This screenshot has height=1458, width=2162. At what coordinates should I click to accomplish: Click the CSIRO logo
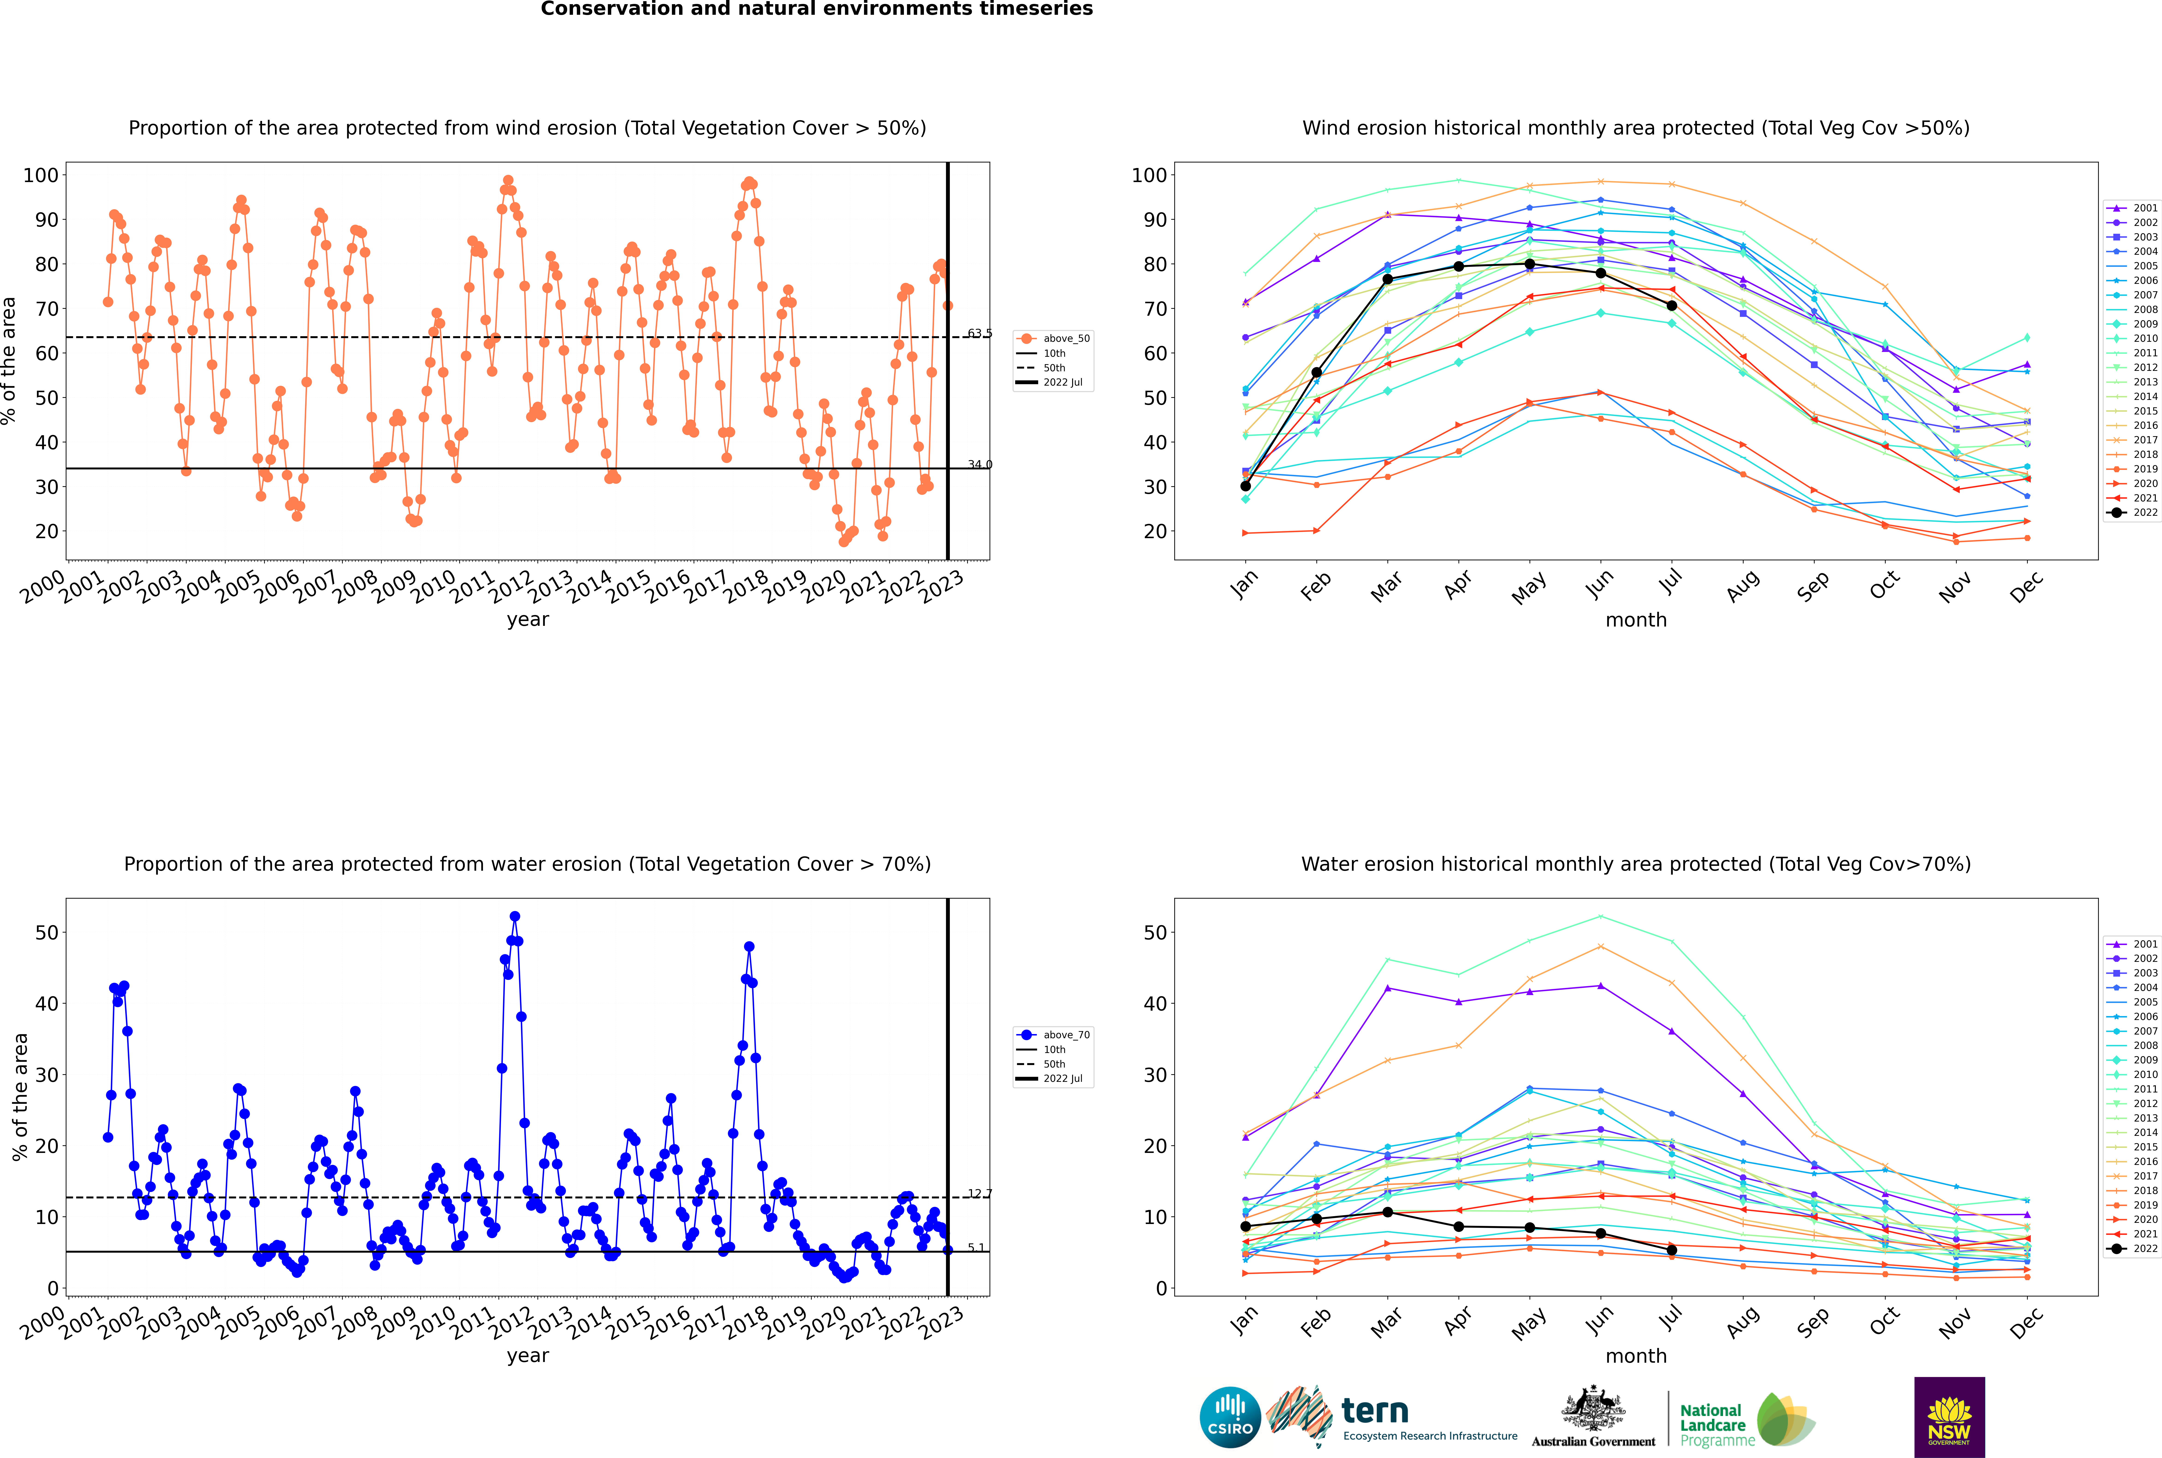1230,1417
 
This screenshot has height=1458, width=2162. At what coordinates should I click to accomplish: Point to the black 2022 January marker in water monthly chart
1246,1227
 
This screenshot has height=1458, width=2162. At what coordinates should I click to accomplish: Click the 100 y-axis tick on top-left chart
41,175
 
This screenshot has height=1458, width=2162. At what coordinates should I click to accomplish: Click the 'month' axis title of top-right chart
1636,620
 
